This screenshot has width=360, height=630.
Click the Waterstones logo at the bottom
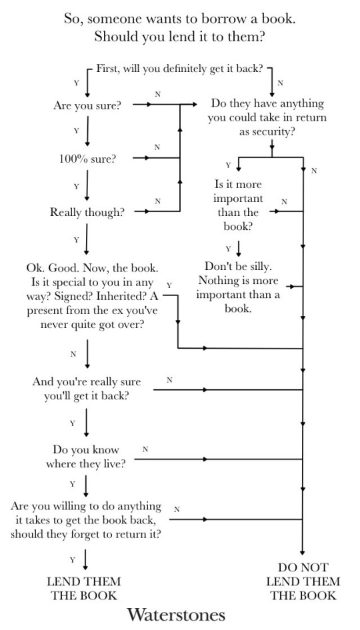coord(176,613)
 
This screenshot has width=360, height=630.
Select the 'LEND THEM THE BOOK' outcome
coord(83,588)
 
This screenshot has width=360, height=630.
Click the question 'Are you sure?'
coord(87,105)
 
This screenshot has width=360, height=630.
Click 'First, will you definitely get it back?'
coord(179,68)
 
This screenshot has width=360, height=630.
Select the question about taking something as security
coord(267,117)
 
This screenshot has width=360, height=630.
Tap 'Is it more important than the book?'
coord(238,205)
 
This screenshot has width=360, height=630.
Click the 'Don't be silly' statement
coord(238,287)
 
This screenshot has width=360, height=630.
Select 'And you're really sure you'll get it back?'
coord(86,388)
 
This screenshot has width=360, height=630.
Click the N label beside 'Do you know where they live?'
coord(145,449)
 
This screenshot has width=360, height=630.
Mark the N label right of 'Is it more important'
coord(283,201)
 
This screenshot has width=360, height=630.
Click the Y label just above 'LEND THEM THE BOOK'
coord(72,559)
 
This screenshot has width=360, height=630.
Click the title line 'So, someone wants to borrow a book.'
coord(179,19)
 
